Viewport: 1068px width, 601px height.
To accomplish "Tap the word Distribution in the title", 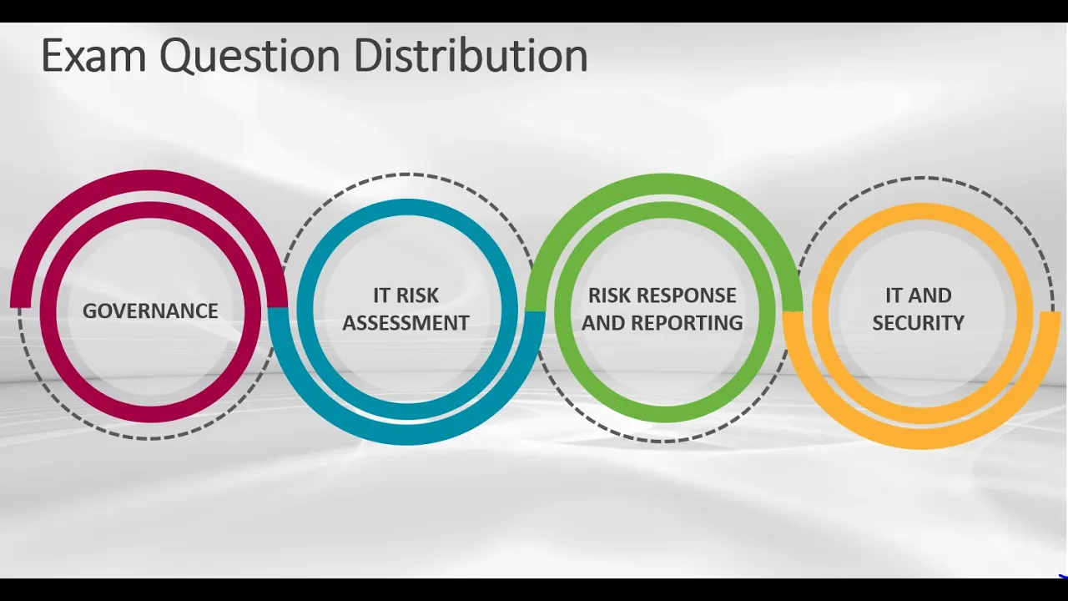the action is click(471, 56).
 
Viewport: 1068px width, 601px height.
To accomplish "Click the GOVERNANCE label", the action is click(150, 311).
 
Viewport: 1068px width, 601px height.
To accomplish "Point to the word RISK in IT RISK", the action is click(417, 295).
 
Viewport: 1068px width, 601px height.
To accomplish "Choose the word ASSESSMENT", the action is click(406, 322).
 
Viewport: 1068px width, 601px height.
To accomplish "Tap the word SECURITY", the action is click(918, 322).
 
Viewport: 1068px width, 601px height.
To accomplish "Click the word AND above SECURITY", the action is click(931, 295).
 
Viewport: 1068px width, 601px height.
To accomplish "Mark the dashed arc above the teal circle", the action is click(406, 174).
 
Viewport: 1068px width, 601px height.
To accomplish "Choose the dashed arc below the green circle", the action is click(663, 440).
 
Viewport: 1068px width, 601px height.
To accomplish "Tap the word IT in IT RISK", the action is click(382, 295).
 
